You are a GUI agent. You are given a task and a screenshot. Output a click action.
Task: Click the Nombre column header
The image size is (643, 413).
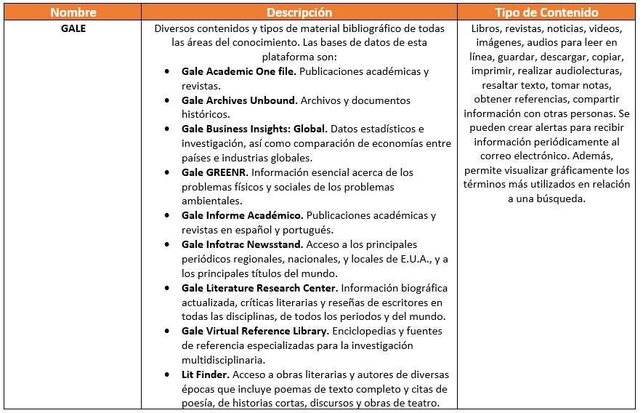(x=73, y=12)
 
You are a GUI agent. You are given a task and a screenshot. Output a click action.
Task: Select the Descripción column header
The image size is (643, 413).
(x=299, y=12)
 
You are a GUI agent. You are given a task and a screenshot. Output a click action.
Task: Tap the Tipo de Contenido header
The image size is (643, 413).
(x=546, y=12)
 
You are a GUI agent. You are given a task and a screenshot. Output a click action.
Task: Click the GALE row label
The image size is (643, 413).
(x=73, y=29)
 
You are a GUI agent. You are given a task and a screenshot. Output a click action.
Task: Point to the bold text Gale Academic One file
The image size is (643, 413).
(x=239, y=72)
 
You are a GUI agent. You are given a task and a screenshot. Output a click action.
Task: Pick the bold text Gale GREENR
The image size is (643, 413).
(x=215, y=172)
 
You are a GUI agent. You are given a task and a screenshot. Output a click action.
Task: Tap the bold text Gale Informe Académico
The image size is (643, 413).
(x=242, y=216)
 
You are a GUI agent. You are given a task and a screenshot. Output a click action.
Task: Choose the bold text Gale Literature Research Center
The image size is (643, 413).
(x=259, y=288)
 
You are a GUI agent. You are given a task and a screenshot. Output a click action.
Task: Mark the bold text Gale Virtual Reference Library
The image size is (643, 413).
(x=256, y=331)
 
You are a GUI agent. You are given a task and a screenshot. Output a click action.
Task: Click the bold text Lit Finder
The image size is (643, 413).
(x=206, y=374)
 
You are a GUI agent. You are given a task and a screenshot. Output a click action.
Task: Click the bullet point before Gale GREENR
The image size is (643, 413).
(x=168, y=173)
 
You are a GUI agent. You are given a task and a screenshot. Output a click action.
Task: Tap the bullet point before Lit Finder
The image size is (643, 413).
(x=168, y=375)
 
